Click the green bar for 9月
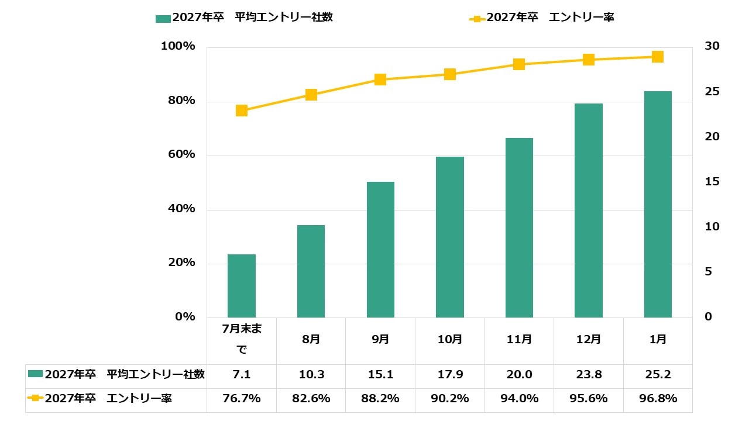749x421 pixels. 380,250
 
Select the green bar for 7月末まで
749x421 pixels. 242,286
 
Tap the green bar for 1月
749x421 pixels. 658,205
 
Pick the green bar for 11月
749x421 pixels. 519,228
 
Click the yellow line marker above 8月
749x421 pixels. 311,95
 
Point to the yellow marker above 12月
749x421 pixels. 589,60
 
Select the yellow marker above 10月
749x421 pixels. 450,74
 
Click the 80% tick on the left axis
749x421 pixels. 178,101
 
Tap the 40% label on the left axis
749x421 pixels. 178,209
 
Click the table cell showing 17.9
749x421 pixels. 450,375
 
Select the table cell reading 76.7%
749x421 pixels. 242,399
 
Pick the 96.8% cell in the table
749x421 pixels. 658,399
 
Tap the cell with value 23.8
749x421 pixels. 589,375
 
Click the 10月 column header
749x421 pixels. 450,339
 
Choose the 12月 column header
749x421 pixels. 589,339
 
